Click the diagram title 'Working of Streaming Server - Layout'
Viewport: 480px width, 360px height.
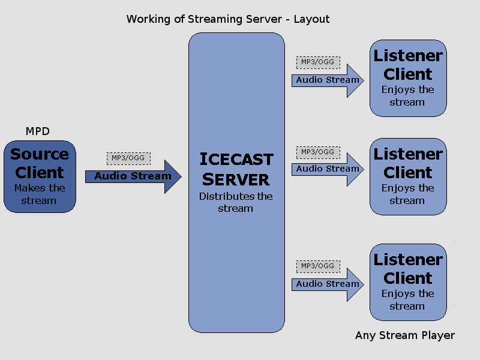[x=228, y=19]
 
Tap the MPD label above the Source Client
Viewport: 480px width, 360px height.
[x=38, y=131]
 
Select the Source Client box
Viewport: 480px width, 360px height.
[x=40, y=176]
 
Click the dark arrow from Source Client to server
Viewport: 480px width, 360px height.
[x=133, y=176]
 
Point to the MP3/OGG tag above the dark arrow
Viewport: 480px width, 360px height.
[x=128, y=158]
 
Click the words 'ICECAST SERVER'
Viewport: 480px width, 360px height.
[x=236, y=169]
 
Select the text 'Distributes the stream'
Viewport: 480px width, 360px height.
[x=236, y=202]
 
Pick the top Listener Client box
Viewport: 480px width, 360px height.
[x=408, y=78]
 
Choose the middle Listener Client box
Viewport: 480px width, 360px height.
[x=408, y=176]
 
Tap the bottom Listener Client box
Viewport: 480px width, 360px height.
[x=408, y=282]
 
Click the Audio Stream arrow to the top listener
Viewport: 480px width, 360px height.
[x=327, y=80]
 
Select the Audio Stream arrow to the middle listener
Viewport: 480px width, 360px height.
[x=327, y=169]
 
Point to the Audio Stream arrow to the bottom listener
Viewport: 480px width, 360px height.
[x=327, y=284]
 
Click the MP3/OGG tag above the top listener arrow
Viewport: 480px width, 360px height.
[x=318, y=62]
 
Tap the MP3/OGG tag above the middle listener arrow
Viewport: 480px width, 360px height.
[x=318, y=152]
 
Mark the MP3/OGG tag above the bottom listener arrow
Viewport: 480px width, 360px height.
[x=318, y=266]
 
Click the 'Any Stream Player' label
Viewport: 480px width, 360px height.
[x=405, y=335]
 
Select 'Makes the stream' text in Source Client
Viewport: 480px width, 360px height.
[x=39, y=194]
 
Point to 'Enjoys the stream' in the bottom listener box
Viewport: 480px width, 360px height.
[x=407, y=300]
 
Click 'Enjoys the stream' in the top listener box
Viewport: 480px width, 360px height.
[x=407, y=96]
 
